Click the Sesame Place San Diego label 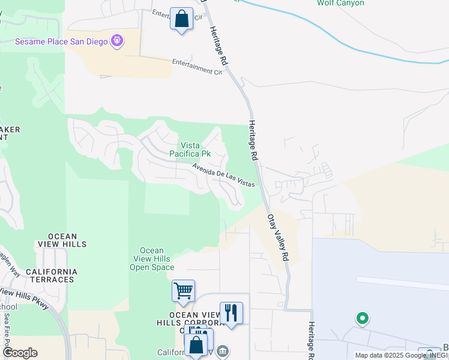tap(61, 41)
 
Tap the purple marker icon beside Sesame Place tap(116, 41)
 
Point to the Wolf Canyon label tap(340, 3)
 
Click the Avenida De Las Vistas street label tap(224, 175)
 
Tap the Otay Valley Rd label tap(278, 238)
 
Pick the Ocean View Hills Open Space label tap(152, 259)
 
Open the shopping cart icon tap(183, 291)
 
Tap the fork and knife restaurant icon tap(231, 313)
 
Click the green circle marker tap(362, 318)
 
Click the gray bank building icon tap(223, 350)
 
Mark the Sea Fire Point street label tap(7, 329)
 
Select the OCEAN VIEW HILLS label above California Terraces tap(59, 240)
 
